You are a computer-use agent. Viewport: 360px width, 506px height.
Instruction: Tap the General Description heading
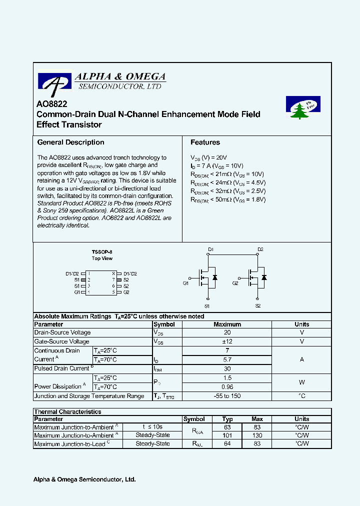(x=70, y=142)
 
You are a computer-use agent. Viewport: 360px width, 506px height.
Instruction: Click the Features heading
(x=205, y=142)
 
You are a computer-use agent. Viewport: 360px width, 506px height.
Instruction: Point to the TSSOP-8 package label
(x=102, y=251)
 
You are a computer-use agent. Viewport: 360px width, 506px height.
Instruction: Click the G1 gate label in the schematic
(x=185, y=283)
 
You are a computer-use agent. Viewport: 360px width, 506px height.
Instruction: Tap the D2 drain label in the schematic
(x=260, y=249)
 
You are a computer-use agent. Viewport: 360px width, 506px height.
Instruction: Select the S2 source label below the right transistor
(x=258, y=305)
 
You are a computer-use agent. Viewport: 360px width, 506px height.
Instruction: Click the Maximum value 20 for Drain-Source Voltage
(x=227, y=332)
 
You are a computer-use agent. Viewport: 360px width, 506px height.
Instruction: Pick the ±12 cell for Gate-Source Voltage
(x=227, y=341)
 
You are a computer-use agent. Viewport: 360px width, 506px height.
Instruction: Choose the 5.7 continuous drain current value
(x=227, y=359)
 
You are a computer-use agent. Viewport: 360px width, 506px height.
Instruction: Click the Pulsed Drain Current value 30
(x=227, y=368)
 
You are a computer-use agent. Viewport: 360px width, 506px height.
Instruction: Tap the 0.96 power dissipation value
(x=227, y=386)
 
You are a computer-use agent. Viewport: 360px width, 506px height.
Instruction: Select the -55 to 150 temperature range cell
(x=227, y=396)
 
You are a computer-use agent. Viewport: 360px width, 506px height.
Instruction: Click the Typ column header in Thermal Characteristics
(x=227, y=419)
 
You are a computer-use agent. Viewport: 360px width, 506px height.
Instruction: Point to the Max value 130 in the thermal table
(x=257, y=435)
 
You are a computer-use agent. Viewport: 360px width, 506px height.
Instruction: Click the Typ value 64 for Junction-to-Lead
(x=227, y=443)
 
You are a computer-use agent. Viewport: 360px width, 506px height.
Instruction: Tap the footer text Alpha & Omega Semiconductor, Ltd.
(x=84, y=479)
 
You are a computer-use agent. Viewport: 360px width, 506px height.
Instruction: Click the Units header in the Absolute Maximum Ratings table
(x=301, y=324)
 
